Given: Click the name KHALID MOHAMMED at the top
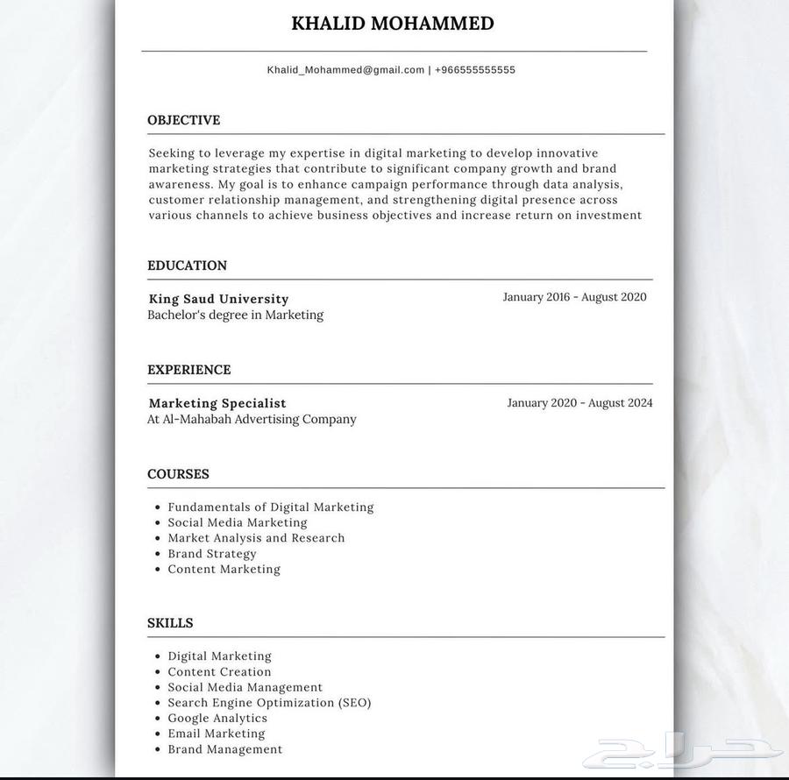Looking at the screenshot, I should coord(392,24).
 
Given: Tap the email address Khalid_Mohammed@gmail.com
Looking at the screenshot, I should coord(345,70).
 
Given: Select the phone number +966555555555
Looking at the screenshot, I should coord(474,70).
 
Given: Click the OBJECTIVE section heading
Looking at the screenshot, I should coord(183,120).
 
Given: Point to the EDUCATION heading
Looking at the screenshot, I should coord(187,266).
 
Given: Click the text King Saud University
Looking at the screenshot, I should coord(218,299).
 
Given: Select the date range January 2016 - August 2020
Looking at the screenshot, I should coord(574,297).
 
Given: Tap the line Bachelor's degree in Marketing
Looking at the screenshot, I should coord(235,315).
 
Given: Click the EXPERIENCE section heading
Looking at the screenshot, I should coord(188,370).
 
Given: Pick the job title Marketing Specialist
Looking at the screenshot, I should coord(217,403).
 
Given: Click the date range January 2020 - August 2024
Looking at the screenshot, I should coord(579,403).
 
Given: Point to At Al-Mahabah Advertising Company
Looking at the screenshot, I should coord(252,419).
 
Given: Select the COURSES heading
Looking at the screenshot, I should coord(178,474).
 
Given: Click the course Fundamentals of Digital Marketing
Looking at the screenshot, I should coord(270,507).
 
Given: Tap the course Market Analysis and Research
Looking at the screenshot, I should coord(256,538).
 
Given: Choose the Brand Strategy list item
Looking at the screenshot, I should coord(212,554).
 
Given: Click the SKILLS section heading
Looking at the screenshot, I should coord(170,623).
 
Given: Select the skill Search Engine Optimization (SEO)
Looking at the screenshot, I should coord(269,703).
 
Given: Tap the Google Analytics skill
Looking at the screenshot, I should coord(217,718).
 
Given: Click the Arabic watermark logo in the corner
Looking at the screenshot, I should coord(684,752).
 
